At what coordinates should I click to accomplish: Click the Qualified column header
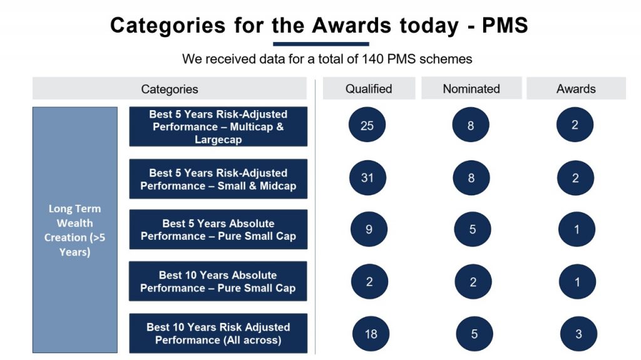pyautogui.click(x=369, y=88)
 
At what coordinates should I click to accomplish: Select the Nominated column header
pyautogui.click(x=471, y=88)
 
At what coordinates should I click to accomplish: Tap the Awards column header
pyautogui.click(x=576, y=88)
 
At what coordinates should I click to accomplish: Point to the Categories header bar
pyautogui.click(x=170, y=88)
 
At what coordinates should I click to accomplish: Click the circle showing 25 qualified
pyautogui.click(x=367, y=125)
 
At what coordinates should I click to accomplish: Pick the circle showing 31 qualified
pyautogui.click(x=367, y=178)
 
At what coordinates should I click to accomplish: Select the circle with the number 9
pyautogui.click(x=369, y=229)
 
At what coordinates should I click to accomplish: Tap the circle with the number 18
pyautogui.click(x=371, y=334)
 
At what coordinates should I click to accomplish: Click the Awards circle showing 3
pyautogui.click(x=578, y=334)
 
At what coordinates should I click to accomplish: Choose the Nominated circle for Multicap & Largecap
pyautogui.click(x=471, y=125)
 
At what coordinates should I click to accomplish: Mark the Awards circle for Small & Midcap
pyautogui.click(x=575, y=178)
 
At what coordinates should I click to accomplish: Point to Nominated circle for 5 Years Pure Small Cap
pyautogui.click(x=473, y=229)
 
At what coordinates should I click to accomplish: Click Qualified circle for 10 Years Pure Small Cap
pyautogui.click(x=369, y=282)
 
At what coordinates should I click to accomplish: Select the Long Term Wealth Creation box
pyautogui.click(x=75, y=230)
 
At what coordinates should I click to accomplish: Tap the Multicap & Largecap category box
pyautogui.click(x=218, y=126)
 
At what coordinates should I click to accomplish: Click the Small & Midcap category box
pyautogui.click(x=218, y=179)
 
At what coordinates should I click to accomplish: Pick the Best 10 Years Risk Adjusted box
pyautogui.click(x=218, y=333)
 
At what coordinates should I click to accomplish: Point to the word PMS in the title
pyautogui.click(x=505, y=25)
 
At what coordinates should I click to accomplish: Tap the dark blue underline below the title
pyautogui.click(x=321, y=44)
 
